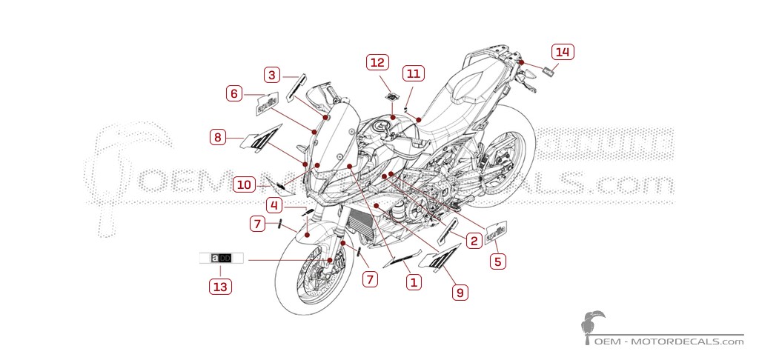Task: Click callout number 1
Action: click(414, 281)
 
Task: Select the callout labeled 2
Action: click(472, 239)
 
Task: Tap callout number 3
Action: click(273, 75)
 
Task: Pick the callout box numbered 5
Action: click(497, 261)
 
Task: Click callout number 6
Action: click(235, 93)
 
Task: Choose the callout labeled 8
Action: click(218, 137)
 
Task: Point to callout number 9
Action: click(460, 293)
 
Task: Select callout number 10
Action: click(245, 184)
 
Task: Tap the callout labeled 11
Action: click(413, 73)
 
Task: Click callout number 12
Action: click(377, 63)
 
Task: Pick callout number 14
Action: click(563, 52)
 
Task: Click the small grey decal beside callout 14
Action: click(550, 71)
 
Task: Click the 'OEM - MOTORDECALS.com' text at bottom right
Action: click(669, 341)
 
